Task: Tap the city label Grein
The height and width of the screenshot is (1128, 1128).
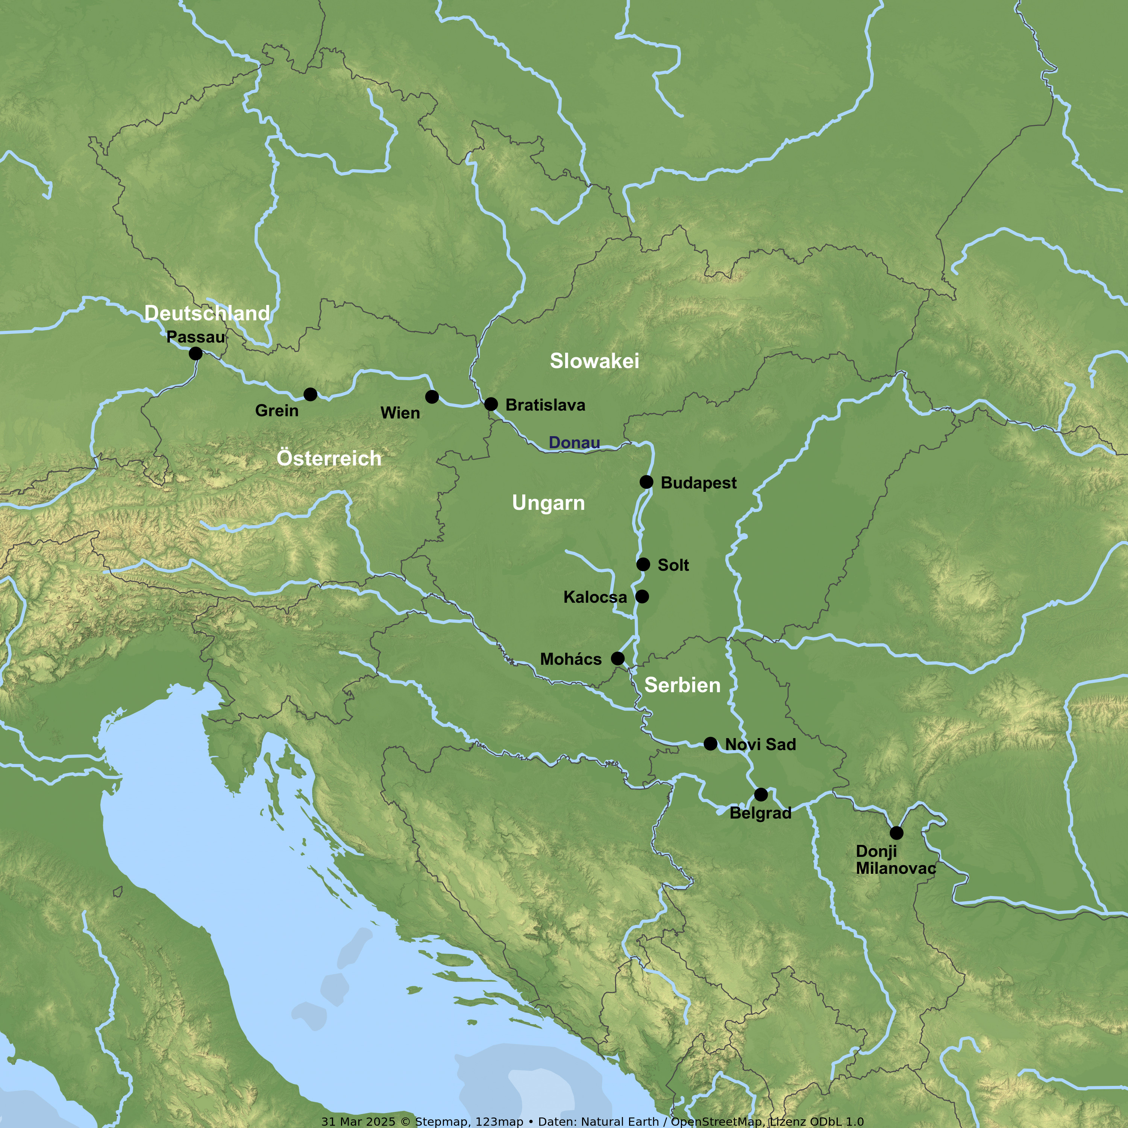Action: tap(277, 411)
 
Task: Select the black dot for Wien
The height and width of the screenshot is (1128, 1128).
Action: tap(432, 397)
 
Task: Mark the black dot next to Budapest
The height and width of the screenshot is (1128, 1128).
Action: tap(646, 482)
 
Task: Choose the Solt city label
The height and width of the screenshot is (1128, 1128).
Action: tap(673, 565)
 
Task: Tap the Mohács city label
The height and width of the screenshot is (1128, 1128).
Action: tap(570, 659)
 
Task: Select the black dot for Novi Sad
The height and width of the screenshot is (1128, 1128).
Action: tap(711, 743)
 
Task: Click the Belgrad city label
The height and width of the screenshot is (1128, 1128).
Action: tap(760, 813)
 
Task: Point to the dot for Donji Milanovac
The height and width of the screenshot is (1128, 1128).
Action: tap(897, 832)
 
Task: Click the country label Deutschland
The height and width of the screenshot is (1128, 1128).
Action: tap(207, 313)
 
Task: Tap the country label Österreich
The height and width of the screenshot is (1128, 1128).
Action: tap(329, 458)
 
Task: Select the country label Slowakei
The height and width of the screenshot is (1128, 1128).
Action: tap(594, 361)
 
